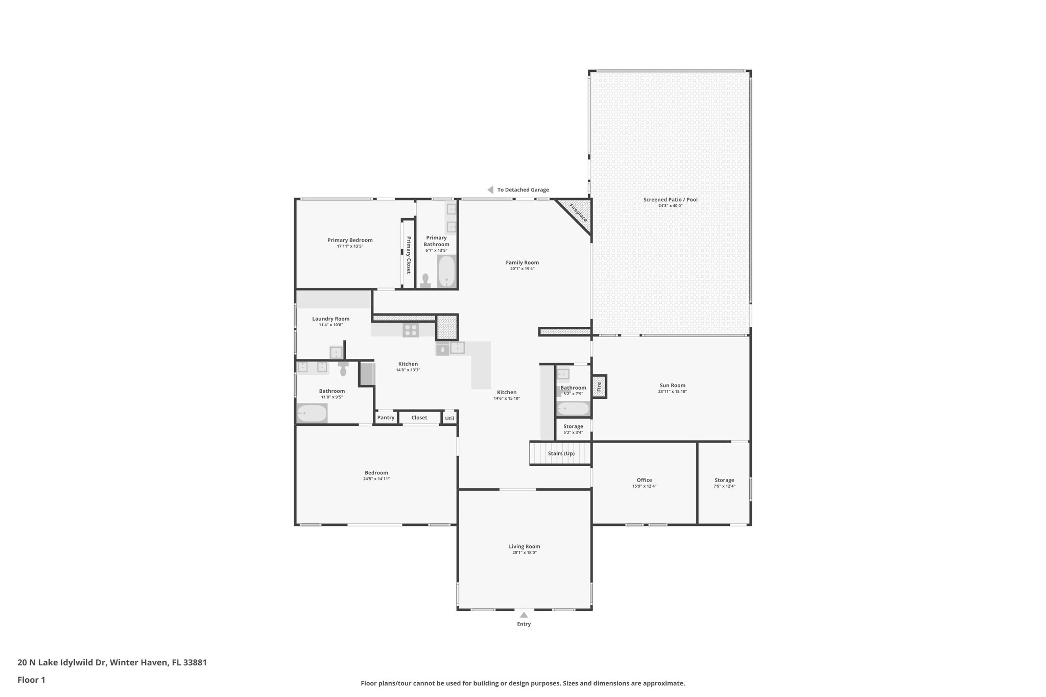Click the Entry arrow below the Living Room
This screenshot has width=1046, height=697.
tap(524, 615)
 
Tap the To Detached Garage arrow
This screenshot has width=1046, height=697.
tap(490, 190)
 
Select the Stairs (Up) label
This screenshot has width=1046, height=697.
tap(561, 453)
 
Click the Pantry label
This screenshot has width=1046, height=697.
tap(386, 418)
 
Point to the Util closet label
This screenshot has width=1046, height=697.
tap(449, 418)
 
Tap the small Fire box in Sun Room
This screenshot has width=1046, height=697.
tap(599, 387)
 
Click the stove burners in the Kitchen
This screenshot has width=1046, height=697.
tap(411, 330)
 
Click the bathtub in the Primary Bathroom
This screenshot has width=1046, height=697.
tap(446, 271)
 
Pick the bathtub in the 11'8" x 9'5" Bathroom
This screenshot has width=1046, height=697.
tap(312, 413)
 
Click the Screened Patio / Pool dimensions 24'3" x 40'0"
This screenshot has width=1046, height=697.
tap(670, 206)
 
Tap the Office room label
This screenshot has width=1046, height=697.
tap(644, 480)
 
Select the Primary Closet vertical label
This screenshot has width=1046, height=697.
tap(409, 255)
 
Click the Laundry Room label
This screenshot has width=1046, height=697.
tap(330, 319)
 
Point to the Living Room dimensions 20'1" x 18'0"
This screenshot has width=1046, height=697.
tap(524, 552)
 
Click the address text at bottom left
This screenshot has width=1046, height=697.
tap(112, 663)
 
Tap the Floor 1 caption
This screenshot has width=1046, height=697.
tap(31, 680)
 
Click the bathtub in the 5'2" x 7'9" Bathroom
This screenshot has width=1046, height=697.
tap(573, 408)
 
